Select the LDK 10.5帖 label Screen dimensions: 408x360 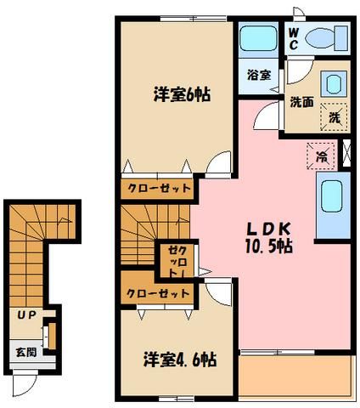click(269, 237)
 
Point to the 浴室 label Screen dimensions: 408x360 click(260, 75)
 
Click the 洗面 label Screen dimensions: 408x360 click(301, 104)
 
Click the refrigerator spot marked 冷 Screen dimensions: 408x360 click(323, 156)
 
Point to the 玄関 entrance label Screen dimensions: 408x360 click(25, 351)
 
